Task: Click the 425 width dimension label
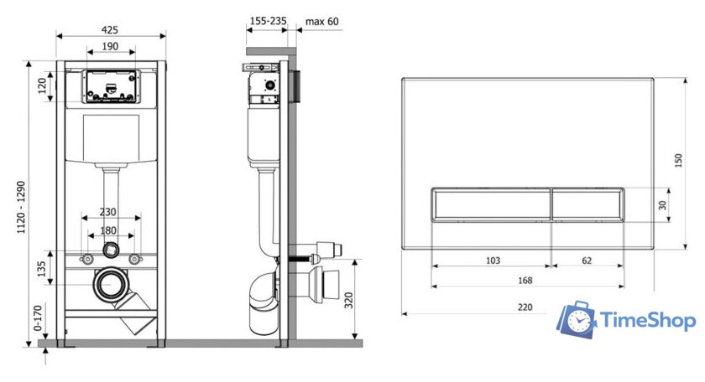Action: tap(110, 29)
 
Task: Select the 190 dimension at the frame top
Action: tap(110, 46)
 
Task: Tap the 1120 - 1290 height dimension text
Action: tap(21, 208)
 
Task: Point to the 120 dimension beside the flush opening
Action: tap(42, 85)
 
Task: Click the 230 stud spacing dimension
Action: tap(108, 212)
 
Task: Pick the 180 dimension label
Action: tap(108, 230)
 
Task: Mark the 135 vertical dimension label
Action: tap(41, 268)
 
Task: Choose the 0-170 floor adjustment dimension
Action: tap(38, 317)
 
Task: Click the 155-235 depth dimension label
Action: tap(268, 21)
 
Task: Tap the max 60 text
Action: tap(322, 21)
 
